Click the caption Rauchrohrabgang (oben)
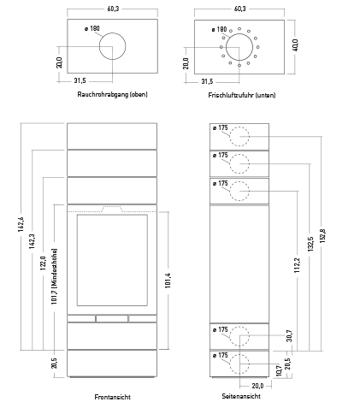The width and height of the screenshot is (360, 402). (112, 94)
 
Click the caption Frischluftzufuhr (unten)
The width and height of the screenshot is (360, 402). (242, 95)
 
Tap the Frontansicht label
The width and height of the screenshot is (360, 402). (112, 397)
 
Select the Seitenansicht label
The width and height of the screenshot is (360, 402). (241, 396)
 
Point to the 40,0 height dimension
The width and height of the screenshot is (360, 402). (295, 45)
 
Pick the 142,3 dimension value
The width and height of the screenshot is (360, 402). (32, 241)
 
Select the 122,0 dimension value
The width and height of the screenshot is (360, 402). (43, 263)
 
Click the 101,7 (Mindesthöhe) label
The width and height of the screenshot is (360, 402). (54, 276)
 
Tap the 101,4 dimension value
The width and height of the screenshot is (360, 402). (168, 281)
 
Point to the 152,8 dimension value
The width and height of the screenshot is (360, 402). (322, 236)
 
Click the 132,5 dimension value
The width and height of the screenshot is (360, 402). (310, 244)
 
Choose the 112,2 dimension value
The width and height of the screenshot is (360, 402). (297, 265)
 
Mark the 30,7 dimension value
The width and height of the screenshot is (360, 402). (289, 335)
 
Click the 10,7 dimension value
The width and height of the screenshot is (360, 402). (279, 370)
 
